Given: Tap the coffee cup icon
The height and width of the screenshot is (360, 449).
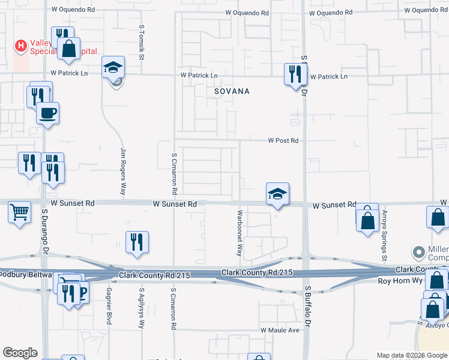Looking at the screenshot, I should [48, 112].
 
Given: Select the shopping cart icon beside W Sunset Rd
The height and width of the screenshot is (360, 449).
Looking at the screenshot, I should [20, 212].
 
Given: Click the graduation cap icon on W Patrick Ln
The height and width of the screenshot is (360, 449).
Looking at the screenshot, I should [113, 67].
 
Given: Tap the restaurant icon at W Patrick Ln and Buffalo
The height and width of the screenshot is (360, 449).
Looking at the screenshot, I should [294, 74].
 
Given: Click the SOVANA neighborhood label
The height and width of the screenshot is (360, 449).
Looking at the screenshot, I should [232, 92].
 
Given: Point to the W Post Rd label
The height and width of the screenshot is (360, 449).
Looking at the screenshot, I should [283, 140].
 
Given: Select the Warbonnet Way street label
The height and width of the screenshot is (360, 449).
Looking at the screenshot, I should [240, 233].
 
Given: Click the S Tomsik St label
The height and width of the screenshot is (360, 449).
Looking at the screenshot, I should [142, 42].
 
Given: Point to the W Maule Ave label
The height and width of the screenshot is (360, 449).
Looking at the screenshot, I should [279, 330].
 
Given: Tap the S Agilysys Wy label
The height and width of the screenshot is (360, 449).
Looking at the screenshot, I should [142, 310].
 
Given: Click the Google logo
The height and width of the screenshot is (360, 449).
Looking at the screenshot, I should [20, 353].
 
